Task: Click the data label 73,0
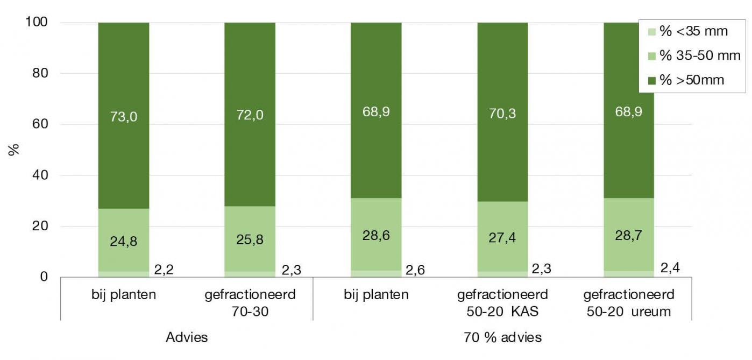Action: coord(124,117)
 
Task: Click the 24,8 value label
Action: coord(124,242)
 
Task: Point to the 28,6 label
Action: coord(376,238)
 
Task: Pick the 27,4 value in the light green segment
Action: coord(502,238)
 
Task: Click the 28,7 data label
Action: coord(629,238)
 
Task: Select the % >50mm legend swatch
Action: coord(652,81)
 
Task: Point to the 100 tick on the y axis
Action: coord(37,23)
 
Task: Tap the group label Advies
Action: coord(187,337)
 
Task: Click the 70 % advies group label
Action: coord(502,337)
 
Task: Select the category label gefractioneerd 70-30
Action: coord(250,302)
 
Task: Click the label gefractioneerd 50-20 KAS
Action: coord(502,302)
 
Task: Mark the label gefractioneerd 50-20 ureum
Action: coord(629,302)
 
